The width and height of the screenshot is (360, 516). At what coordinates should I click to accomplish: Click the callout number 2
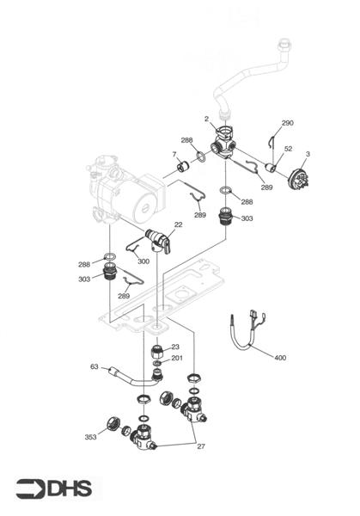click(x=206, y=118)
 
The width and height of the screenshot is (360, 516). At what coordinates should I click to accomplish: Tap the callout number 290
click(x=287, y=123)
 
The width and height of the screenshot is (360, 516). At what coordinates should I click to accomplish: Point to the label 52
click(x=288, y=149)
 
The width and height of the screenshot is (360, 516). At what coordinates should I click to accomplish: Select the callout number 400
click(x=280, y=357)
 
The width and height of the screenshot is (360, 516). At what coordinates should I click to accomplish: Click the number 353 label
click(x=90, y=437)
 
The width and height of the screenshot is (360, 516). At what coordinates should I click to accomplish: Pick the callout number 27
click(x=202, y=446)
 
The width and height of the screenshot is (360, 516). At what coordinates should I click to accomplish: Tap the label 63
click(x=95, y=366)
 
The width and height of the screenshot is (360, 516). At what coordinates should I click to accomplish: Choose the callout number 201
click(x=176, y=358)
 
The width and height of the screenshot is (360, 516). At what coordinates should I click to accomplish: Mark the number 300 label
click(x=143, y=261)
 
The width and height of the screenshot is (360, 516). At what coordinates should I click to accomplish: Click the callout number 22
click(x=179, y=224)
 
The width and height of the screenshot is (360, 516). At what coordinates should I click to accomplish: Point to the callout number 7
click(x=174, y=155)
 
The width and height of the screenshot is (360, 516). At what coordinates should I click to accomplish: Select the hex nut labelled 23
click(x=156, y=350)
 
